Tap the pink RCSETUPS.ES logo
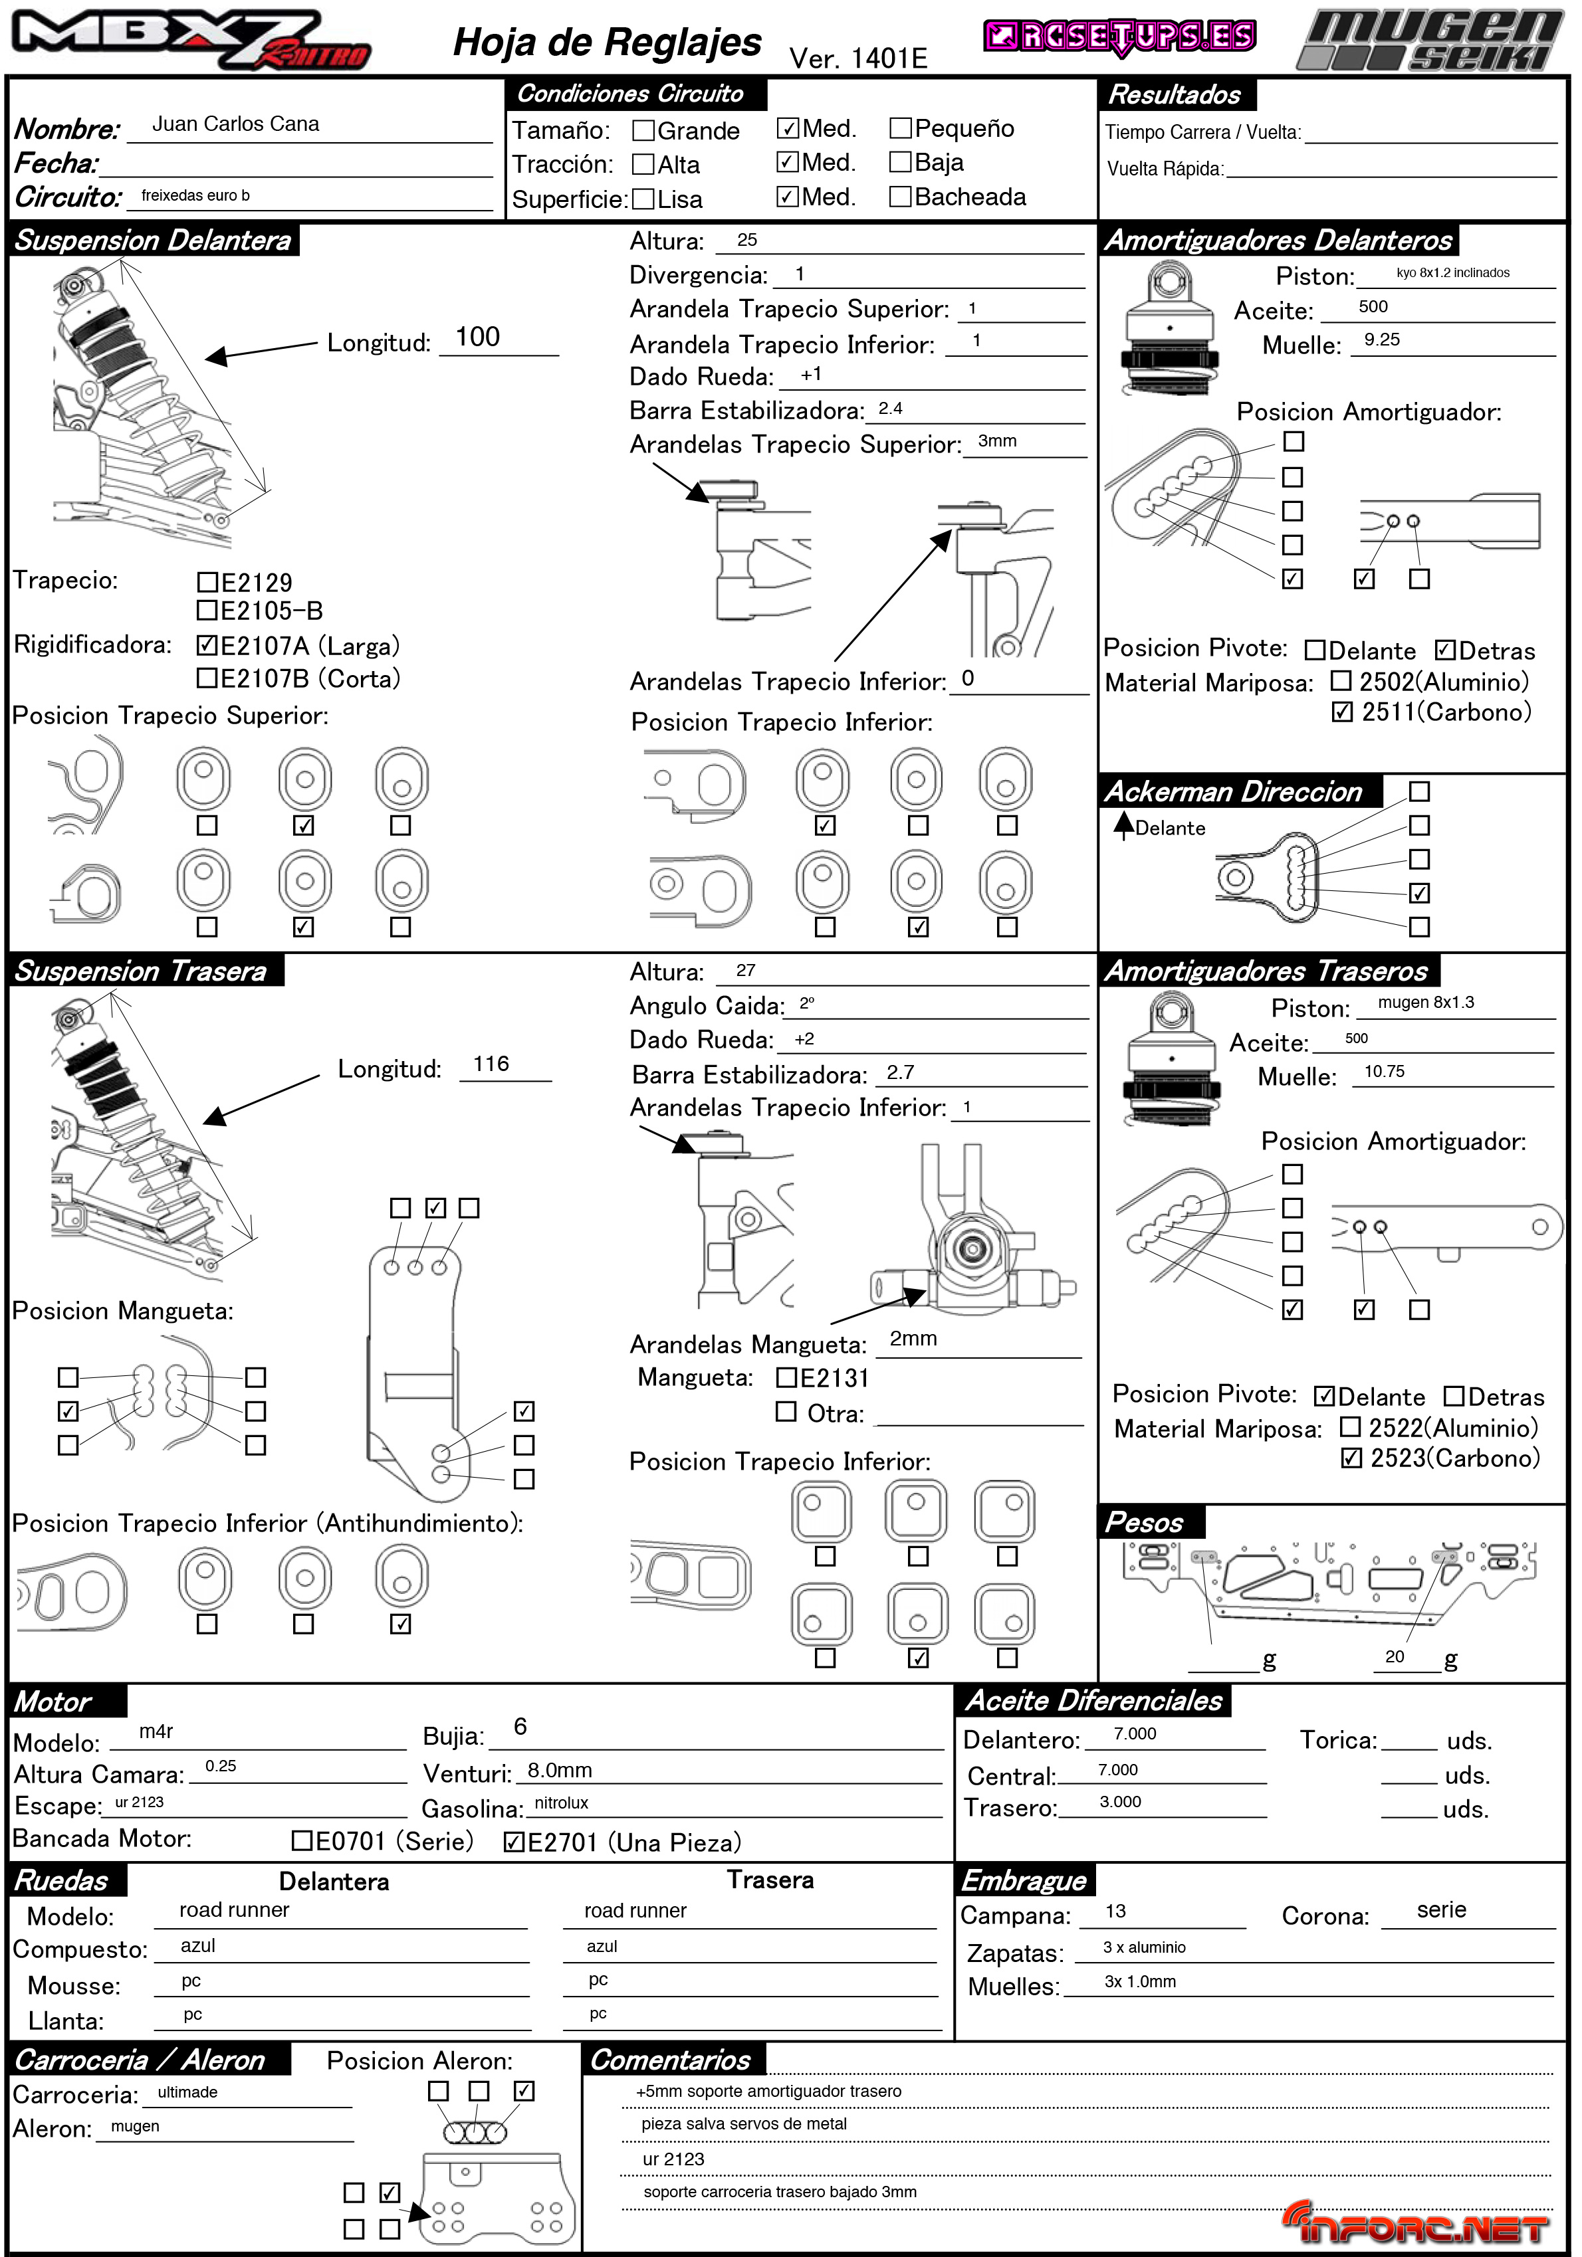pos(1120,37)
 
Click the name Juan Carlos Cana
pos(235,124)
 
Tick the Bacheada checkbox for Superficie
pos(899,197)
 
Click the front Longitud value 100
pos(478,337)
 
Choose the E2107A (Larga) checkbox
pos(207,645)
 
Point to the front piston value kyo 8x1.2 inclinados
pos(1452,273)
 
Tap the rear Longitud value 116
pos(491,1064)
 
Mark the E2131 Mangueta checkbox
pos(786,1377)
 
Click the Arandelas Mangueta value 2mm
pos(913,1339)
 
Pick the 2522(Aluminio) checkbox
pos(1351,1426)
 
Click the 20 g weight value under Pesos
pos(1394,1656)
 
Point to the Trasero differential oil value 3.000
pos(1120,1802)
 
